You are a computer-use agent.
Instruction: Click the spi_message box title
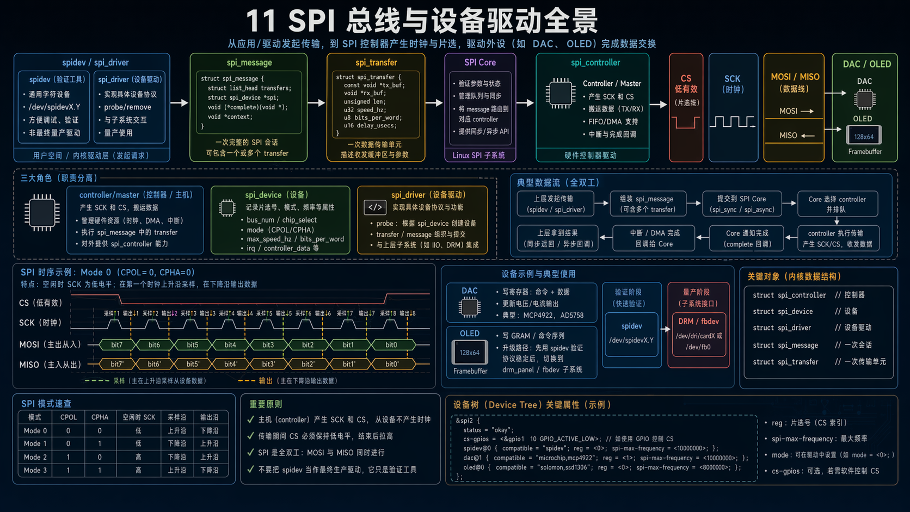[x=249, y=63]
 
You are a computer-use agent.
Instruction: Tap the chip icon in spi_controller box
[x=560, y=92]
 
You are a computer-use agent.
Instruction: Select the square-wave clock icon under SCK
[x=733, y=121]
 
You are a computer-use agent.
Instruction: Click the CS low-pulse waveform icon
[x=685, y=122]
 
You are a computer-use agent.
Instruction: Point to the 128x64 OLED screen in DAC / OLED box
[x=864, y=136]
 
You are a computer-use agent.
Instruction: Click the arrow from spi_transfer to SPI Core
[x=434, y=103]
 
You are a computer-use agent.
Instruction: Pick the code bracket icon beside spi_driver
[x=375, y=207]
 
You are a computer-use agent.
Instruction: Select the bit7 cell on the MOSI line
[x=116, y=344]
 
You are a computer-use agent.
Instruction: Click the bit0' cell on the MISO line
[x=391, y=364]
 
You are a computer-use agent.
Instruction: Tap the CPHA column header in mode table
[x=100, y=417]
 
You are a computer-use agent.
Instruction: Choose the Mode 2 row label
[x=35, y=457]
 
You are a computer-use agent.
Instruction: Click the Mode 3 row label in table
[x=35, y=470]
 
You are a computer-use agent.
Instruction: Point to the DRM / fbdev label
[x=698, y=322]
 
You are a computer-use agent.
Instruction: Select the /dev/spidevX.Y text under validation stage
[x=631, y=340]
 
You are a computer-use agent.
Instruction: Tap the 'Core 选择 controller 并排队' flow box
[x=837, y=204]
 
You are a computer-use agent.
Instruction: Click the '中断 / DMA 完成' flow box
[x=654, y=238]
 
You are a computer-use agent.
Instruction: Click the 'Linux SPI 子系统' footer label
[x=479, y=156]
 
